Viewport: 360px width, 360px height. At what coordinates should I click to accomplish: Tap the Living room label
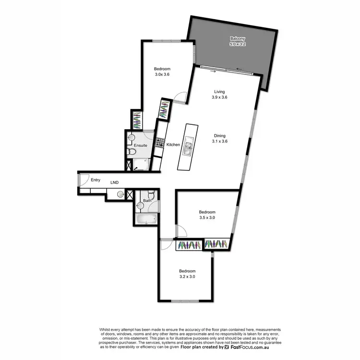(219, 91)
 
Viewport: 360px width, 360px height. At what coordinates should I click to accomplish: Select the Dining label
(219, 135)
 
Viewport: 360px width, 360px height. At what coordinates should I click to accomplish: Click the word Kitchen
(173, 144)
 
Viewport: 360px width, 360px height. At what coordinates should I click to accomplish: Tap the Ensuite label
(140, 144)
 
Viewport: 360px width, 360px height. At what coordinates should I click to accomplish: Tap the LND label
(114, 182)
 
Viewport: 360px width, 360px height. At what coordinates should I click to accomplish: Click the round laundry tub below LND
(120, 194)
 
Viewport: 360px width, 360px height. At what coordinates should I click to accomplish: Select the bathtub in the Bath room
(146, 219)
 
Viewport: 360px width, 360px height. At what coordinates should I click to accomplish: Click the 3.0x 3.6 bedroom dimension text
(162, 74)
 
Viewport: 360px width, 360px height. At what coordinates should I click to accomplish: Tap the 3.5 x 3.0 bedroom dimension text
(207, 217)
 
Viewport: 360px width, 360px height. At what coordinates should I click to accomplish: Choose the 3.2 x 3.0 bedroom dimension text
(187, 276)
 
